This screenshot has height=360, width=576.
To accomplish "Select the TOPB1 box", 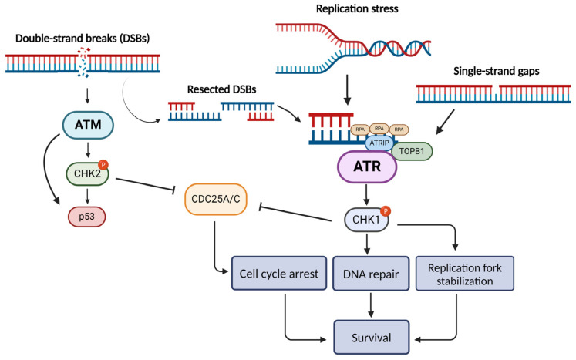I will pyautogui.click(x=411, y=150).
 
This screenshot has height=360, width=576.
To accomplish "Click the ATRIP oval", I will pyautogui.click(x=378, y=142).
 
